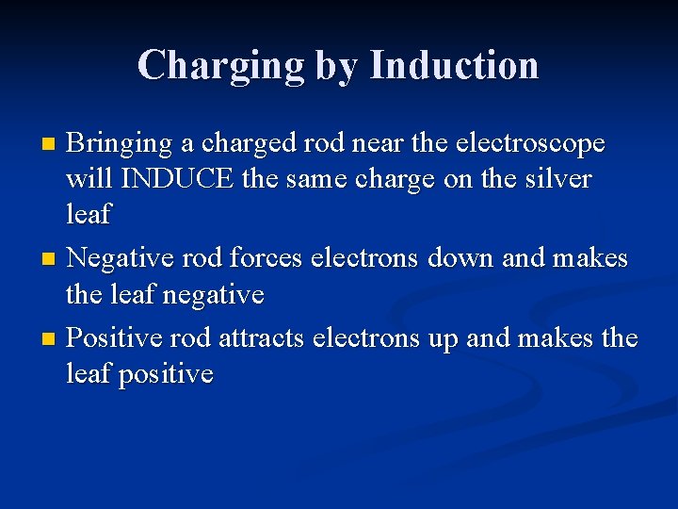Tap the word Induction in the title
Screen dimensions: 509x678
455,65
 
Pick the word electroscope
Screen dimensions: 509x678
529,144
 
